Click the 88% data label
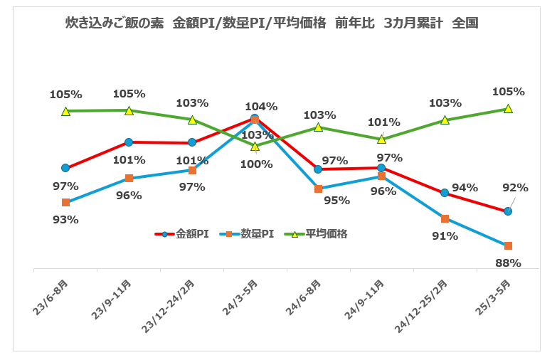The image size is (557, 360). pos(508,263)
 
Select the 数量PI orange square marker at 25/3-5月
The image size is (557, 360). pos(508,245)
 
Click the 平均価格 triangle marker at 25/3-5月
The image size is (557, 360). pos(508,109)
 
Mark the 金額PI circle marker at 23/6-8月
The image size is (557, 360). pos(65,168)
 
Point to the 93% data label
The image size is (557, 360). pos(65,219)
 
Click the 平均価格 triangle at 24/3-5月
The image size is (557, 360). pos(255,146)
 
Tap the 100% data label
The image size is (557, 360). pos(256,164)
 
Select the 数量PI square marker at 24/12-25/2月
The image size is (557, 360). pos(445,218)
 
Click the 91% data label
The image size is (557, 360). pos(445,235)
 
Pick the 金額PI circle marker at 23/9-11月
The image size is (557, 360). pos(129,142)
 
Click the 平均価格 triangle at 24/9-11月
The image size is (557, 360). pos(381,139)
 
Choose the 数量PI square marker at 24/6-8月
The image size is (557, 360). pos(318,189)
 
